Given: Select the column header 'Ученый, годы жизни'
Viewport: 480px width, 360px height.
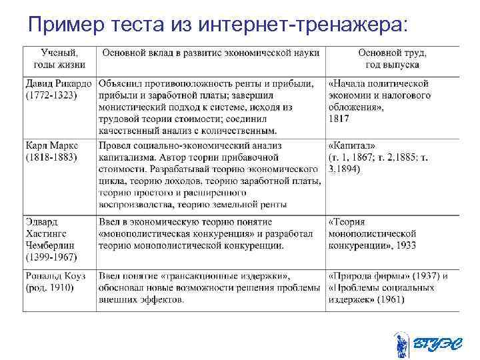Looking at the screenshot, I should (x=59, y=59).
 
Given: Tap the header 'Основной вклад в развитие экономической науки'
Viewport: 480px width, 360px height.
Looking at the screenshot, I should (x=209, y=53).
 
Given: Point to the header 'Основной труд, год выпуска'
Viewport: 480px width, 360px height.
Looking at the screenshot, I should (x=392, y=59).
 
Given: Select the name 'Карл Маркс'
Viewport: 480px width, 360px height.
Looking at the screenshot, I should (x=51, y=145).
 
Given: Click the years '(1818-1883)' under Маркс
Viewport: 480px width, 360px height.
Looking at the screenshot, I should (x=51, y=157).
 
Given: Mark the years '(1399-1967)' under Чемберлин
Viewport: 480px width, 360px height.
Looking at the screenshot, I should (x=51, y=257).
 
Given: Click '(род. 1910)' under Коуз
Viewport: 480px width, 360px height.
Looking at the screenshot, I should (x=49, y=288).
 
